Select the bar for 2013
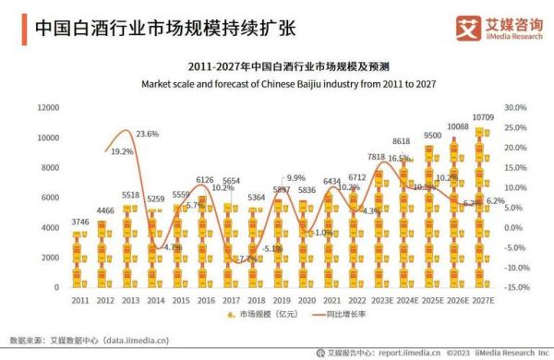pyautogui.click(x=130, y=245)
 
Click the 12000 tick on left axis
pyautogui.click(x=48, y=108)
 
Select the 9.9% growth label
pyautogui.click(x=295, y=177)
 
